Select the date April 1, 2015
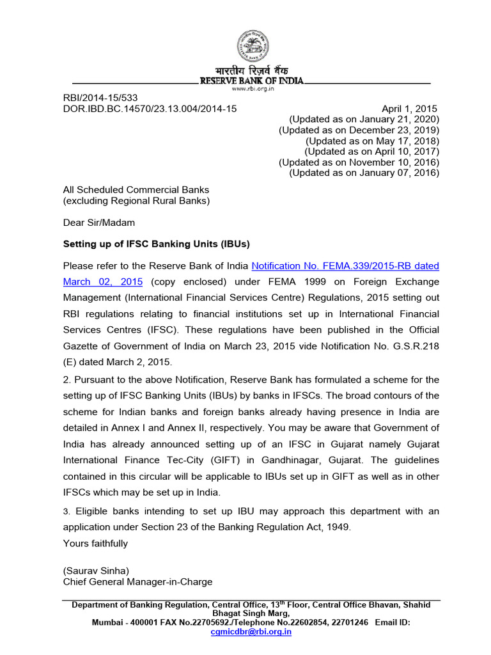pyautogui.click(x=409, y=109)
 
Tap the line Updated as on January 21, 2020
pyautogui.click(x=364, y=119)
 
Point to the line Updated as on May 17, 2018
pyautogui.click(x=372, y=141)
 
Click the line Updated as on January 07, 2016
pyautogui.click(x=364, y=173)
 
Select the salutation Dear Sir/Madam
pyautogui.click(x=98, y=223)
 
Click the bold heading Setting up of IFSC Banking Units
pyautogui.click(x=156, y=244)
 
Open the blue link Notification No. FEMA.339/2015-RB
pyautogui.click(x=345, y=265)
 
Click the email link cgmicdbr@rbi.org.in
pyautogui.click(x=251, y=631)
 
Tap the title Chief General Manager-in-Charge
pyautogui.click(x=137, y=581)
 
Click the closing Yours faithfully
pyautogui.click(x=95, y=543)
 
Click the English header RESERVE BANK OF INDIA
pyautogui.click(x=252, y=81)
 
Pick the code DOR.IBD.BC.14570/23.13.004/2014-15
pyautogui.click(x=150, y=109)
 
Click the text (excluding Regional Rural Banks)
pyautogui.click(x=136, y=201)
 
